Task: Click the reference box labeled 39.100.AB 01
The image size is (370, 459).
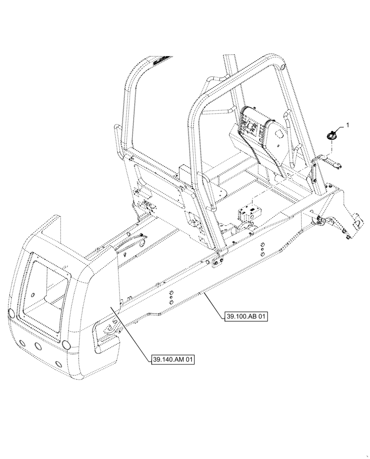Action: (x=246, y=316)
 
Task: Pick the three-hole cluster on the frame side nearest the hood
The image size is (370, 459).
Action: (x=170, y=297)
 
